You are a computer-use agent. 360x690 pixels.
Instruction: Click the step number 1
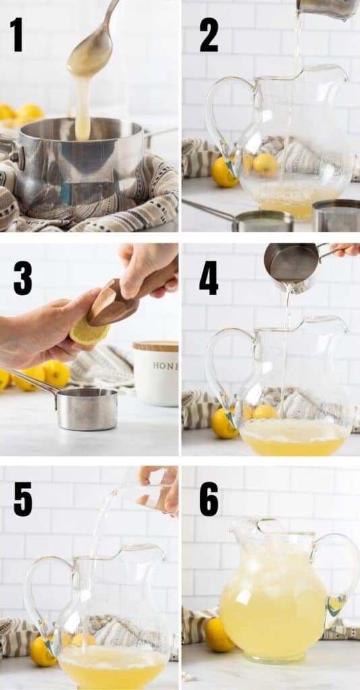point(16,34)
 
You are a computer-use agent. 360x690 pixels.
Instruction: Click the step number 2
point(208,34)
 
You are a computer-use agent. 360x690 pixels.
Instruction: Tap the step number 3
point(22,278)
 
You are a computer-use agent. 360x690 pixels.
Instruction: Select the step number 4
point(208,278)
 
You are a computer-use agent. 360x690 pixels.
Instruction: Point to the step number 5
point(22,499)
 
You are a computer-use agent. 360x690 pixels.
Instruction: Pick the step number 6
point(208,499)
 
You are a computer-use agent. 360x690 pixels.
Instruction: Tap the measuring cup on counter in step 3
point(84,408)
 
